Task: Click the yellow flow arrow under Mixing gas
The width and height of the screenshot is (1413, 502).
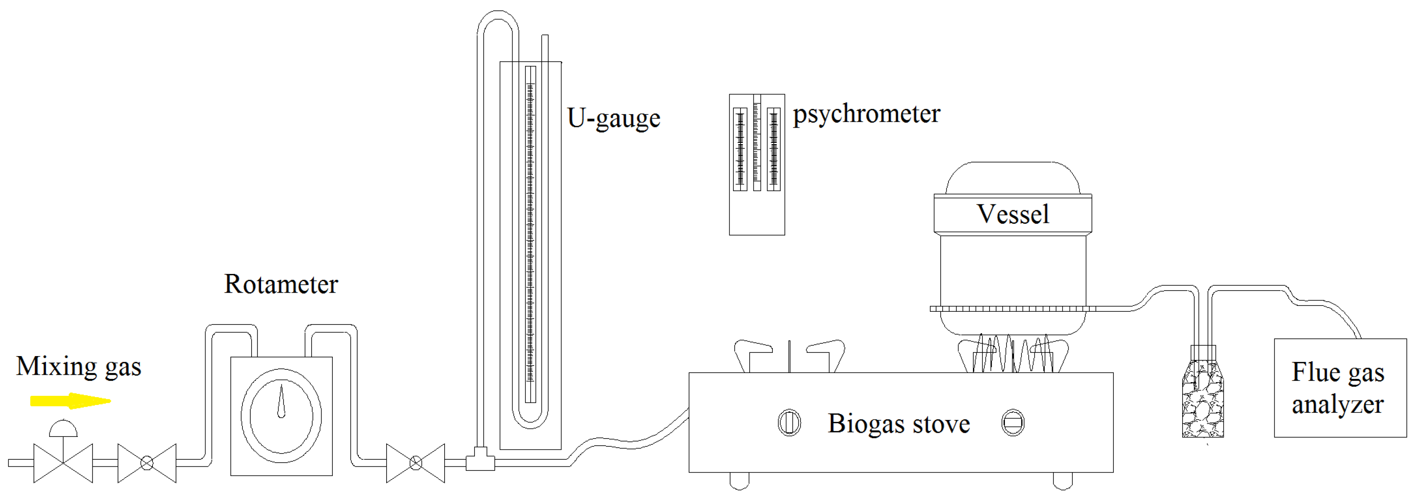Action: click(x=70, y=401)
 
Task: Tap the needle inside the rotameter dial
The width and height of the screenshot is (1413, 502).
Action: click(x=281, y=402)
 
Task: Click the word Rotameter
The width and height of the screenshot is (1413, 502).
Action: click(x=281, y=284)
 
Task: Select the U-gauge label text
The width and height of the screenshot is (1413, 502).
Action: click(x=613, y=118)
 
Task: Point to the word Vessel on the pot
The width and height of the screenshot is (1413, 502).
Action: click(x=1013, y=214)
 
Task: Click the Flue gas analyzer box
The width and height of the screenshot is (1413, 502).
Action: click(x=1340, y=388)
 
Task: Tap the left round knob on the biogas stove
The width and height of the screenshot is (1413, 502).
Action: click(x=789, y=423)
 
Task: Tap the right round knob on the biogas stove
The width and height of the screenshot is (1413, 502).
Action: click(x=1013, y=423)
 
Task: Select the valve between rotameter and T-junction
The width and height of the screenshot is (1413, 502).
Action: click(x=415, y=463)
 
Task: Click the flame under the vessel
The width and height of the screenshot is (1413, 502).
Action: click(x=1013, y=354)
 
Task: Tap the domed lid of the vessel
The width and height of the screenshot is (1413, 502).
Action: click(x=1013, y=178)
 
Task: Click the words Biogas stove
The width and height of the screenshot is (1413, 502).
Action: click(x=898, y=424)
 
